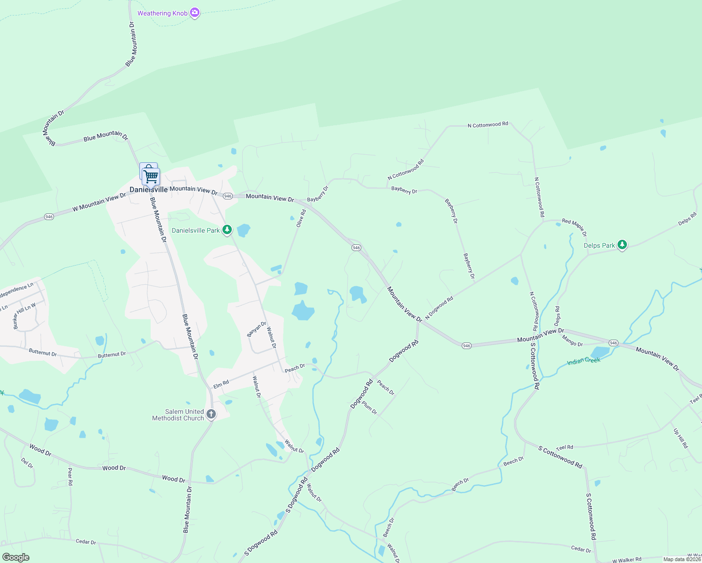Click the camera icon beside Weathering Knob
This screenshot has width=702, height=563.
(195, 13)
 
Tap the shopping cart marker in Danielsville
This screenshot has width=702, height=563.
(151, 177)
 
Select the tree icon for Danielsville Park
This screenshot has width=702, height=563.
(227, 230)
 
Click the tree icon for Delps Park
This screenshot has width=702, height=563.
(622, 245)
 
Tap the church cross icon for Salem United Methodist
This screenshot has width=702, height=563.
(211, 414)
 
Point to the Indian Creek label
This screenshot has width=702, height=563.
(584, 361)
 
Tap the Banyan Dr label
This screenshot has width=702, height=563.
(257, 329)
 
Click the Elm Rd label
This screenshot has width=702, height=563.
(221, 384)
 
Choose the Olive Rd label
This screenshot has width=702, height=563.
(301, 219)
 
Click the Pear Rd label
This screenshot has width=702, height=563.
(70, 476)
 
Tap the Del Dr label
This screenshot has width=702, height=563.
(27, 463)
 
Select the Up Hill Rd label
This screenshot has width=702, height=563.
(680, 439)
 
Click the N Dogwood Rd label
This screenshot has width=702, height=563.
(439, 307)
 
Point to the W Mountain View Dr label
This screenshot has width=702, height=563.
(99, 203)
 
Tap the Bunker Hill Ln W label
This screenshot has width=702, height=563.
(24, 315)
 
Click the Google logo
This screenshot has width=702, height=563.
(15, 557)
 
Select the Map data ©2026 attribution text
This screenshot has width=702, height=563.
(682, 559)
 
